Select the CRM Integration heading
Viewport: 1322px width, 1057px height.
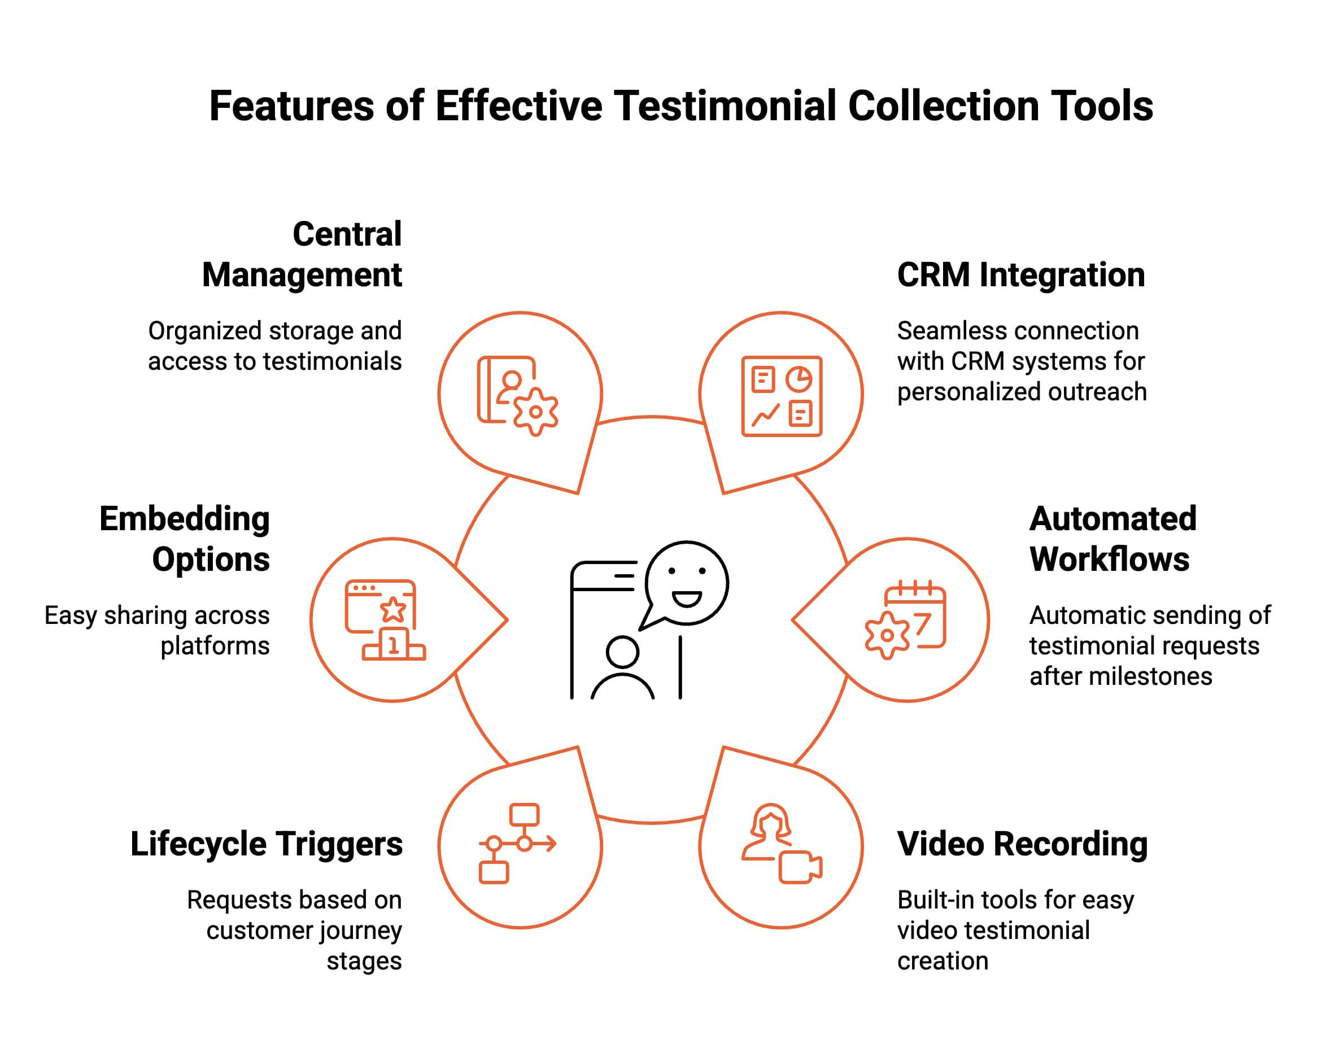pos(1020,274)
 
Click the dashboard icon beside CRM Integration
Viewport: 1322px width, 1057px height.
pos(781,396)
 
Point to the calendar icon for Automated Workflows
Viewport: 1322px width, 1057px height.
pos(906,619)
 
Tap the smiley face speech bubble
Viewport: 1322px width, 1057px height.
pos(686,584)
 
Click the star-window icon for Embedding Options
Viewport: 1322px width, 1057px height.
pos(385,619)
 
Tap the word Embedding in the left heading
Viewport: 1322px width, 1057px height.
pos(185,519)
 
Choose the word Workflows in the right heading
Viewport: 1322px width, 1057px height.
pos(1109,559)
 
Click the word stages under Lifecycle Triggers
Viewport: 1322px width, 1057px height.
pos(364,961)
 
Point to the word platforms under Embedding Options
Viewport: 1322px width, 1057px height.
pos(215,645)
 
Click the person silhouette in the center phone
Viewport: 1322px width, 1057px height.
pos(622,670)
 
